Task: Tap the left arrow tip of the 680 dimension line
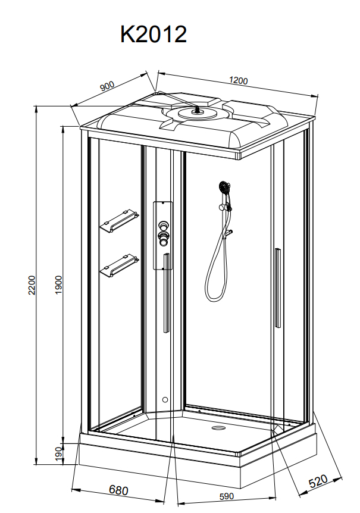(x=72, y=489)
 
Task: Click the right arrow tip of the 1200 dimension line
(x=318, y=96)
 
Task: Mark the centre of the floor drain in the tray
(x=217, y=428)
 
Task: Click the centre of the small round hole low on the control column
(x=165, y=399)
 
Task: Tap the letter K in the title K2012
(x=127, y=34)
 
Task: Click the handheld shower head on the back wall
(x=224, y=187)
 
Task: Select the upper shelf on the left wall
(x=119, y=221)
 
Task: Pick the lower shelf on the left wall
(x=119, y=265)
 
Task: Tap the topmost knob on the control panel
(x=163, y=225)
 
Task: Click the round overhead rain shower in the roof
(x=197, y=113)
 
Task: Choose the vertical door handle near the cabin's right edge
(x=278, y=288)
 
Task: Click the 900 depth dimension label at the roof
(x=107, y=86)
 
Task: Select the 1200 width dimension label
(x=239, y=80)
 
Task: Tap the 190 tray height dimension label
(x=58, y=453)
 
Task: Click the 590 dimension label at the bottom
(x=227, y=497)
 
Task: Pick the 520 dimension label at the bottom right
(x=318, y=481)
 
